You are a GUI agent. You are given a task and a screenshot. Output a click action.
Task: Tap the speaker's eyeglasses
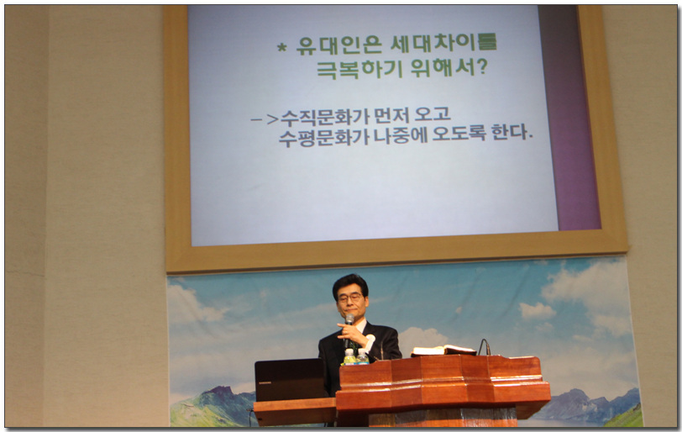click(349, 298)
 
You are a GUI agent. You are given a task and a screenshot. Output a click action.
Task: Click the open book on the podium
click(443, 350)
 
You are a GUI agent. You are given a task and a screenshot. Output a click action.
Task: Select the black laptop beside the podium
click(290, 379)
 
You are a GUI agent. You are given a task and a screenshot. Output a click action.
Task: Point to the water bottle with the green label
click(349, 356)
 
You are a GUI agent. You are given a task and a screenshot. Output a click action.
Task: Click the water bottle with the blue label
click(362, 356)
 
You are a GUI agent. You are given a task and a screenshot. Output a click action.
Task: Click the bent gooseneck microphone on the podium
click(484, 347)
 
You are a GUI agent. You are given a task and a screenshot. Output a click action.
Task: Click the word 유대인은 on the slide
click(339, 45)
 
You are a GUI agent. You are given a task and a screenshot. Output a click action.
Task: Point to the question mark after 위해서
click(481, 66)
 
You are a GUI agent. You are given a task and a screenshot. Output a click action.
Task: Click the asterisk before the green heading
click(282, 46)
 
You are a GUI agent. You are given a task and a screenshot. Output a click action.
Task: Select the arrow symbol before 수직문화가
click(265, 119)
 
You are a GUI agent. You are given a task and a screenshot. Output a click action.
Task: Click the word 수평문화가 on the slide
click(323, 137)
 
